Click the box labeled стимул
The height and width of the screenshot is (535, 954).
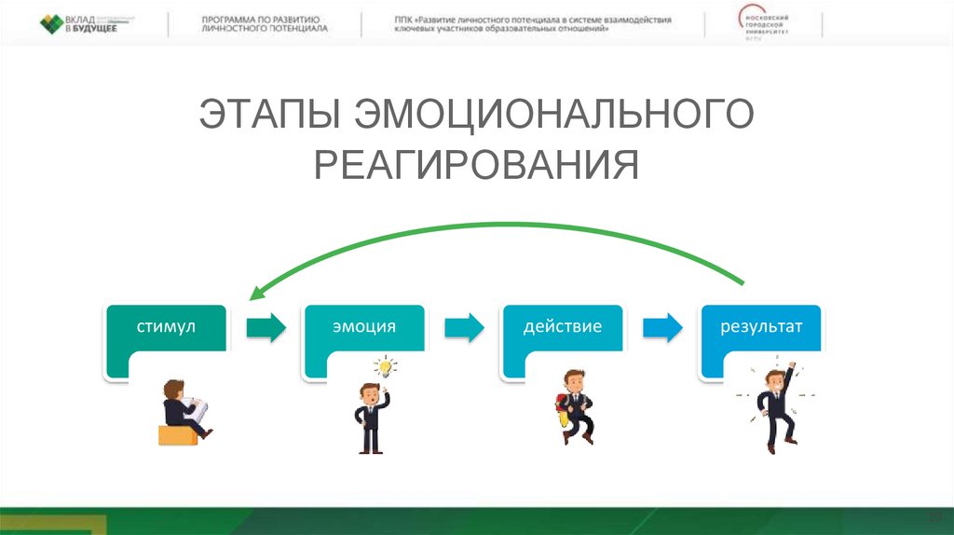[166, 340]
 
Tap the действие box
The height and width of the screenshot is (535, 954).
[563, 340]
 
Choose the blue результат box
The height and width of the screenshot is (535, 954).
[761, 340]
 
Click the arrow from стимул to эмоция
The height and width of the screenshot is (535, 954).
[264, 327]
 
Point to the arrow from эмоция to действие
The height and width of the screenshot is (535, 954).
[464, 327]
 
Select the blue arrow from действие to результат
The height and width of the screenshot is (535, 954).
[662, 327]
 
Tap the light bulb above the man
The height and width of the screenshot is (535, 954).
[384, 366]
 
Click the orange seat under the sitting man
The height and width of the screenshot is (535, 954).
[178, 434]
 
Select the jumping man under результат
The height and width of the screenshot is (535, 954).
[776, 403]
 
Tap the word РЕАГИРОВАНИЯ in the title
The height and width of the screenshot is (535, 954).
[476, 164]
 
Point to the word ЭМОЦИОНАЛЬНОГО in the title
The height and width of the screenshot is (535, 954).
[553, 116]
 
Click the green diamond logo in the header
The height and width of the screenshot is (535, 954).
[52, 23]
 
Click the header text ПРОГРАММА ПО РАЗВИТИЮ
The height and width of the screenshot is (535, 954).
[261, 19]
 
